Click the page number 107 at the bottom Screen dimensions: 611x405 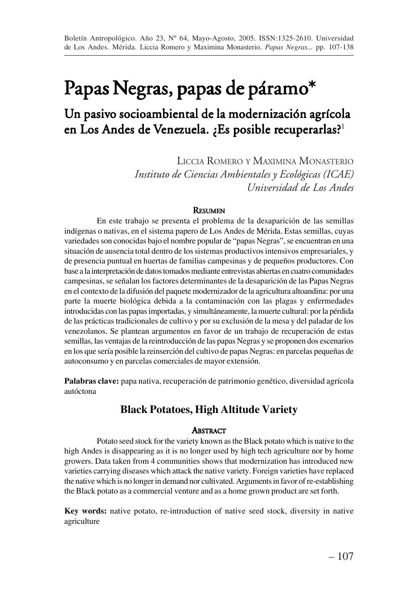coord(345,556)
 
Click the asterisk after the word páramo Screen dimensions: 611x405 coord(311,85)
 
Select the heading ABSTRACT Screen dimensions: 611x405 coord(209,431)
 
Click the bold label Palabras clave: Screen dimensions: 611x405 coord(91,381)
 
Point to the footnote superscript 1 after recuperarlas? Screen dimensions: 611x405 coord(343,127)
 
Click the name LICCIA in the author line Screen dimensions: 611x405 coord(192,161)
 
